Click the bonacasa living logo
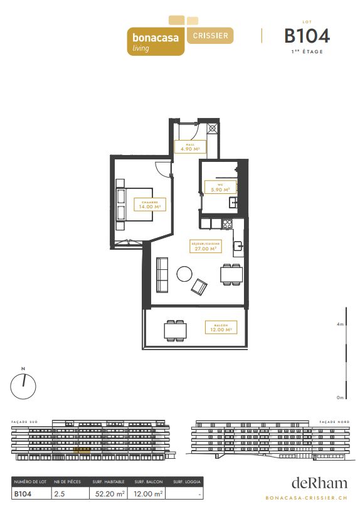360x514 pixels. pos(156,41)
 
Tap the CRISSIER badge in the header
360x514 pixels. pos(210,35)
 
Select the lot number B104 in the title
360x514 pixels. pos(307,35)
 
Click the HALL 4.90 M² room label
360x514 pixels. pos(190,147)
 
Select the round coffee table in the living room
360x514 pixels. pos(184,274)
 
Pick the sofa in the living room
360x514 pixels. pos(162,275)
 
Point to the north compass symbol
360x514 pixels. pos(24,383)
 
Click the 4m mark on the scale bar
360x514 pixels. pos(340,324)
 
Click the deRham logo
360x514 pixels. pos(319,483)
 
